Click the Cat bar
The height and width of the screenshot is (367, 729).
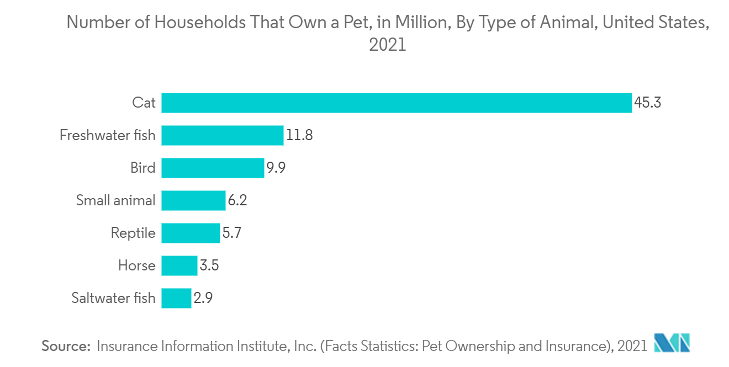point(397,103)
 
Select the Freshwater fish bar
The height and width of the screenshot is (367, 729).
point(223,135)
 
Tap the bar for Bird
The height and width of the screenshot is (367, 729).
point(213,168)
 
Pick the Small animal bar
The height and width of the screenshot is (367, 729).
point(194,200)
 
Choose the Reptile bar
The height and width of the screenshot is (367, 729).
point(191,233)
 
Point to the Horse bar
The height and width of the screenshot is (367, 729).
point(179,265)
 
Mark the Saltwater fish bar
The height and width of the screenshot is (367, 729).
point(176,298)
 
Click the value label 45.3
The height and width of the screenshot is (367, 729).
point(648,103)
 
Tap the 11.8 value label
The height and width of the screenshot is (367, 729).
point(299,135)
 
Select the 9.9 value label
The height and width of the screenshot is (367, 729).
point(276,168)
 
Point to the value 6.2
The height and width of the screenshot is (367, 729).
point(237,200)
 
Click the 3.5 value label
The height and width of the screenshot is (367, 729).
point(209,265)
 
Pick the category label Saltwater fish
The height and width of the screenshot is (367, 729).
point(114,297)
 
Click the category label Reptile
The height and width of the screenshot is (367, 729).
point(133,233)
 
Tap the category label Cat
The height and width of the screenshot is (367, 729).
point(144,103)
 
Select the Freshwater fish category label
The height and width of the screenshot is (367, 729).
point(108,135)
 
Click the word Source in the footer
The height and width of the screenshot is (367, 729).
point(66,346)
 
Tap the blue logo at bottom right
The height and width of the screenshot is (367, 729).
point(672,343)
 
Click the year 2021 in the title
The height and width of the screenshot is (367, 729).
point(388,45)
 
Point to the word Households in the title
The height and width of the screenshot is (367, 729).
point(200,23)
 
